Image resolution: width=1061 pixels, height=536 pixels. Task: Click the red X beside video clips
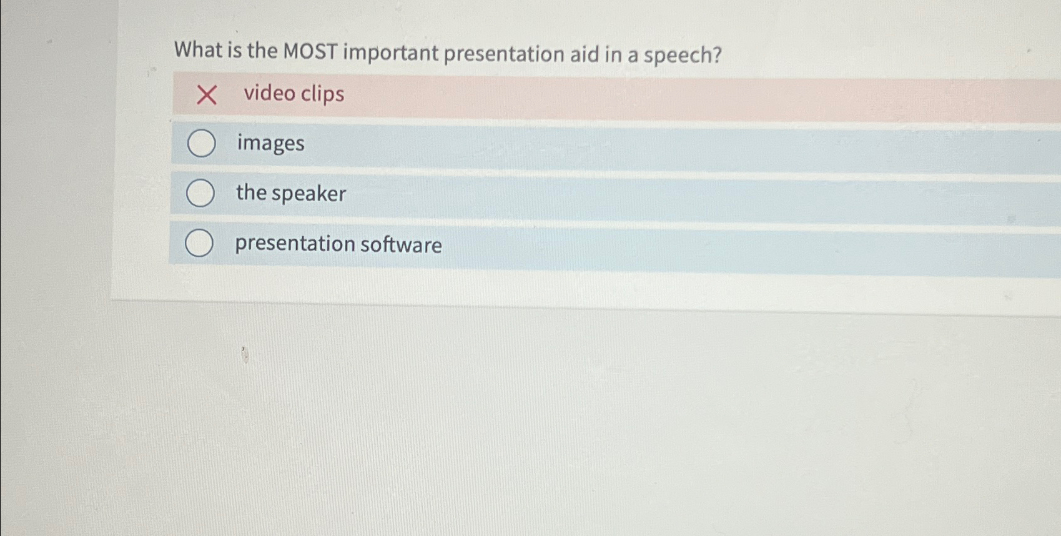(x=206, y=95)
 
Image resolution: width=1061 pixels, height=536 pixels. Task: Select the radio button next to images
(x=202, y=144)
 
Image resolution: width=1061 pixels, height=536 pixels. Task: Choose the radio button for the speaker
(x=200, y=193)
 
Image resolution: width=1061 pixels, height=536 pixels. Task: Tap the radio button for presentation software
(x=199, y=243)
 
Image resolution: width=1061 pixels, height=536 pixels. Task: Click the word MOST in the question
(x=310, y=51)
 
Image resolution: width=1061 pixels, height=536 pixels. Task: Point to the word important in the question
(x=391, y=53)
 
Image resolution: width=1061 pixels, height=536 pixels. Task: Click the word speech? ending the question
(x=683, y=56)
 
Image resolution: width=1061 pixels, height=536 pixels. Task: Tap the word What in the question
(x=198, y=49)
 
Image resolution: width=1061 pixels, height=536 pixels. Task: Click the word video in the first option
(x=269, y=93)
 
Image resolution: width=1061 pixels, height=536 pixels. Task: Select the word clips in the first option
(x=322, y=94)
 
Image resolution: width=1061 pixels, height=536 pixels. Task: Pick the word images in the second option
(x=270, y=144)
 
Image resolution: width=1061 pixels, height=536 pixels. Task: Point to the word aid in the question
(x=584, y=54)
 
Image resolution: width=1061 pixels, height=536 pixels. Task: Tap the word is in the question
(x=234, y=50)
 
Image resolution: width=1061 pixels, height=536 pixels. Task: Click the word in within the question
(x=613, y=54)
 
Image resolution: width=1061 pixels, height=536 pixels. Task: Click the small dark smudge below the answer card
(x=245, y=355)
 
